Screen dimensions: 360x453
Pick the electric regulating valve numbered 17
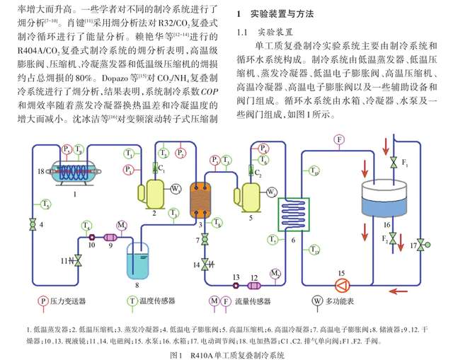click(421, 245)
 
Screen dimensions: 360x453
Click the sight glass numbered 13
click(235, 286)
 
